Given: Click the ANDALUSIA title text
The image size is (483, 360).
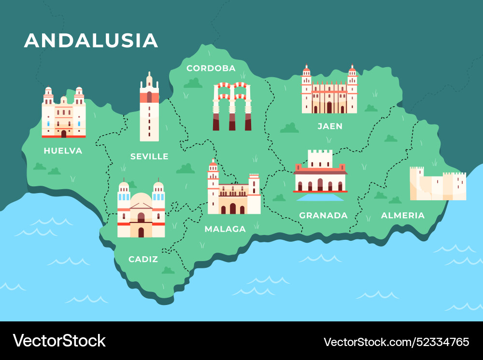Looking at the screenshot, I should pos(91,41).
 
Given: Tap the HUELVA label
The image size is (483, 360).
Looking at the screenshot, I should pos(63,151).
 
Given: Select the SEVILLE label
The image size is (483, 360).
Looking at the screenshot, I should pos(149,156).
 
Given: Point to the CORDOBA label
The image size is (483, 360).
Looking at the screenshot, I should pos(211,68).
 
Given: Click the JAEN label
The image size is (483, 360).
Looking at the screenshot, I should pos(330,126).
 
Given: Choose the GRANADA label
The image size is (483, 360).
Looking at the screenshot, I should pos(323,215).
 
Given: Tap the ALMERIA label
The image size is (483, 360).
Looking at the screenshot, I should pos(403,215).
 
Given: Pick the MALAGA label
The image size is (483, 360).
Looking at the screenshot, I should pos(225,229).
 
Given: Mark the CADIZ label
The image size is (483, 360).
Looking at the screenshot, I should pos(143,259).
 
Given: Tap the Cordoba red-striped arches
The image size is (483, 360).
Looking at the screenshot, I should pos(232,106).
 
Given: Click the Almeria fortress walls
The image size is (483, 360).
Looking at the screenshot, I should pos(438,185).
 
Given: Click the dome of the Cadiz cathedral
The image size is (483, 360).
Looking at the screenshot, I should pos(141,199).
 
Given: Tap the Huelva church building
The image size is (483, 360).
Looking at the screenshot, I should pos(63,114).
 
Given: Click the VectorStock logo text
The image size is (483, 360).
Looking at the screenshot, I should pos(59,341).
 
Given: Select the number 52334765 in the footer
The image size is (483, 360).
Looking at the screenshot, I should pos(438,342).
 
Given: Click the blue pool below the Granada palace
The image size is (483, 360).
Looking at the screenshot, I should pos(320,197).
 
